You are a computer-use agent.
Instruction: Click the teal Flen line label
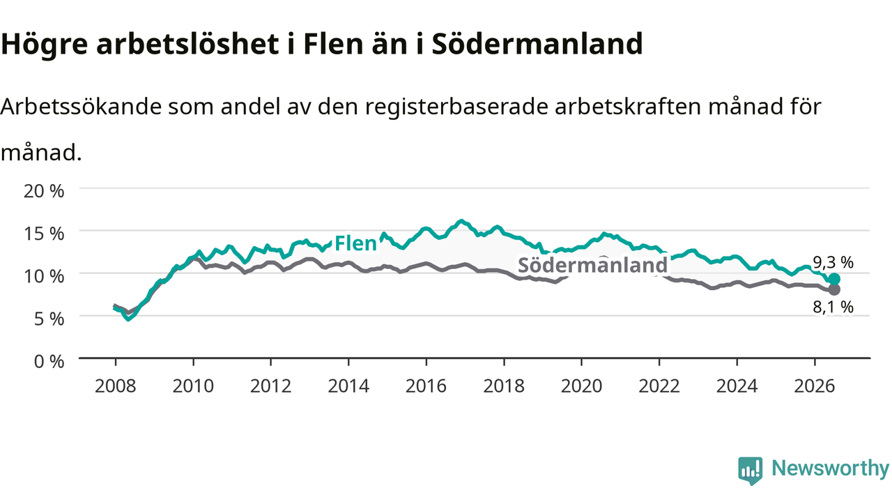coord(355,243)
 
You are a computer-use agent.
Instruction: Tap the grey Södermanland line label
coord(592,265)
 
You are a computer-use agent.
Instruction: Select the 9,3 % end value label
coord(833,262)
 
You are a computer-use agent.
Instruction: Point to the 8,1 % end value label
coord(833,307)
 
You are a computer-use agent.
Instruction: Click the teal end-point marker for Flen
coord(834,279)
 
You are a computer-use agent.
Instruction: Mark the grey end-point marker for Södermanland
coord(834,289)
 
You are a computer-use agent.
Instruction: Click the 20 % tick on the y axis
coord(44,191)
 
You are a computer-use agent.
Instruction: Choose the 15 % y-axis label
coord(44,234)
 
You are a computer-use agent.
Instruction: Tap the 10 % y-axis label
coord(44,277)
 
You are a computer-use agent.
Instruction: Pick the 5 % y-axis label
coord(49,319)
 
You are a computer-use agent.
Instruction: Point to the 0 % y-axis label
coord(49,362)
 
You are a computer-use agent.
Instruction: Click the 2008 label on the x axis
coord(116,386)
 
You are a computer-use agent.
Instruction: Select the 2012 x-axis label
coord(271,386)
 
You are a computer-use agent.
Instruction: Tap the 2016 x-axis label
coord(426,386)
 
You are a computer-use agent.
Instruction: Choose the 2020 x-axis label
coord(581,386)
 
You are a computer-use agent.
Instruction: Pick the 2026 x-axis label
coord(815,386)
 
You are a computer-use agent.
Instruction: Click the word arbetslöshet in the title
coord(187,43)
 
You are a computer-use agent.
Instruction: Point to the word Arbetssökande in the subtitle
coord(82,107)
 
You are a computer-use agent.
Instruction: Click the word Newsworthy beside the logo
coord(831,469)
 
